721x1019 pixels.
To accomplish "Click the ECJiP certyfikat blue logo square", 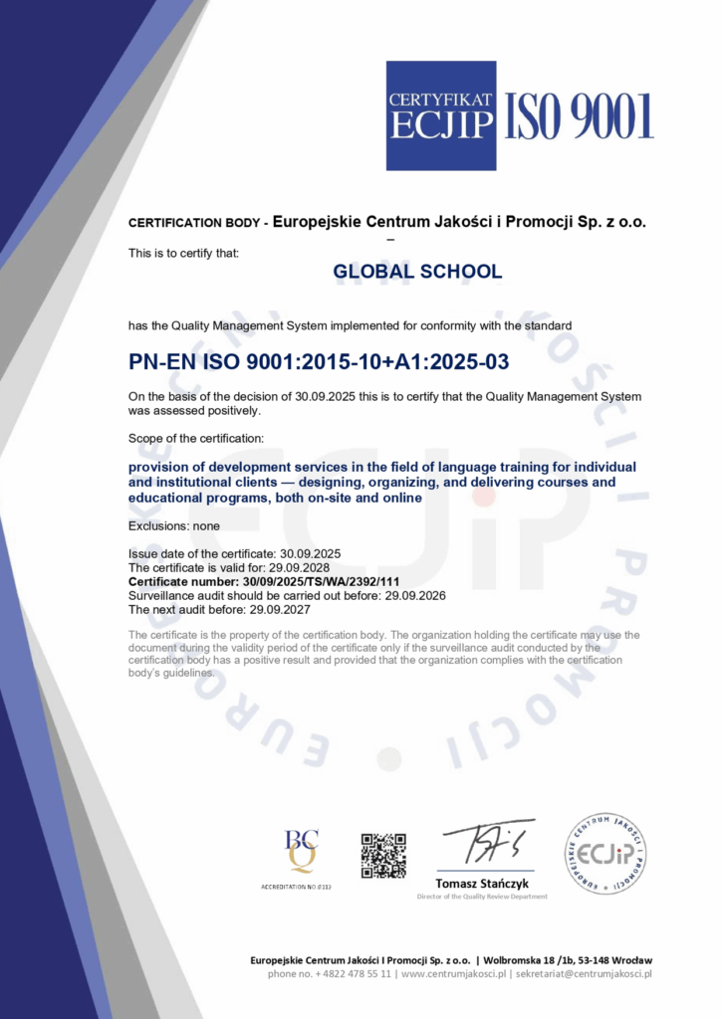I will pos(441,115).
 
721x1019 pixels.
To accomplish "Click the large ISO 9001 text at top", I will pos(580,116).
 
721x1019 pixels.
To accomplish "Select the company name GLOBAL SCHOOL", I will pos(417,272).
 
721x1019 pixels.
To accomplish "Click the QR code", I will pos(383,856).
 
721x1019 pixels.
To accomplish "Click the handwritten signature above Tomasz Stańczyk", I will pos(488,844).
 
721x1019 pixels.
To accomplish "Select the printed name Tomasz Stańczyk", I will pos(482,884).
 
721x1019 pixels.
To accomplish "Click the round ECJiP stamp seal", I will pos(605,853).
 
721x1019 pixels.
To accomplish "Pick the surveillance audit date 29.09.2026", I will pos(413,595).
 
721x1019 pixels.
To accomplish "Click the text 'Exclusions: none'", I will pos(174,525).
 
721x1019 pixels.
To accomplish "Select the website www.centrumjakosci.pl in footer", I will pos(454,973).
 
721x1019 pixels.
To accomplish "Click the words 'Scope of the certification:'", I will pos(196,438).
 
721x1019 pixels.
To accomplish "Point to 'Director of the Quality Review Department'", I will pos(482,897).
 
